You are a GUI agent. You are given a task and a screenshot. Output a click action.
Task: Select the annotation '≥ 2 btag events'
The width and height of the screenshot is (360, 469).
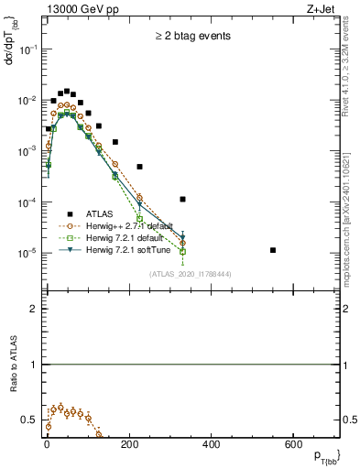(191, 36)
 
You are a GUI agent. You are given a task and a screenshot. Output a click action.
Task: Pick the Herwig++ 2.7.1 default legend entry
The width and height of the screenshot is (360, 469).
(137, 224)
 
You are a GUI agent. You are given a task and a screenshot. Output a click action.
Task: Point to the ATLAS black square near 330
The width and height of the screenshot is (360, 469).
(183, 199)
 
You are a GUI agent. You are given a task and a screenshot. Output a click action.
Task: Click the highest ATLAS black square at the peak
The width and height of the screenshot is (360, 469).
(67, 91)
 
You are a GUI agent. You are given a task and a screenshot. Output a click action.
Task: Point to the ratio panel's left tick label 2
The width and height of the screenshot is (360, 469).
(34, 309)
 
